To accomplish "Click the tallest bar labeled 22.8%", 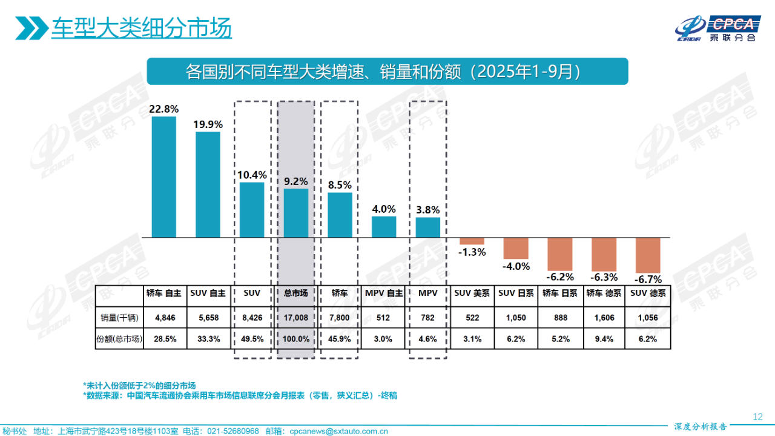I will pyautogui.click(x=163, y=176).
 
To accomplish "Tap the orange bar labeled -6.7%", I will pyautogui.click(x=647, y=255).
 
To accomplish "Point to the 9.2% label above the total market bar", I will pyautogui.click(x=296, y=181).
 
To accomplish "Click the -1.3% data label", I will pyautogui.click(x=472, y=252).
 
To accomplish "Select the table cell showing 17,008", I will pyautogui.click(x=296, y=317).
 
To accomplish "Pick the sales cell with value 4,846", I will pyautogui.click(x=164, y=317).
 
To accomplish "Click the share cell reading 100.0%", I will pyautogui.click(x=296, y=339).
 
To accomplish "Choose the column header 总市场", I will pyautogui.click(x=296, y=293).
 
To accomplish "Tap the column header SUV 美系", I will pyautogui.click(x=472, y=293).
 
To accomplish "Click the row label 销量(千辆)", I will pyautogui.click(x=119, y=317).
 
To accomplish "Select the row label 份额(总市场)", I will pyautogui.click(x=119, y=339).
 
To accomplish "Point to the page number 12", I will pyautogui.click(x=757, y=417).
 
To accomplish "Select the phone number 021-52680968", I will pyautogui.click(x=233, y=431).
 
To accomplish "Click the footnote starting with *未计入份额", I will pyautogui.click(x=139, y=385).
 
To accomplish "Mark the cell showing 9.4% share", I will pyautogui.click(x=604, y=339).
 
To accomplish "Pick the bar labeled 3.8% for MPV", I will pyautogui.click(x=427, y=227).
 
